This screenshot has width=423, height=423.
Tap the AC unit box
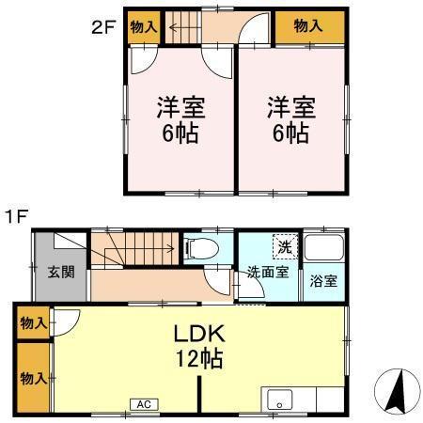[x=144, y=404]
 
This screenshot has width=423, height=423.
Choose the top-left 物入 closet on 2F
[x=142, y=27]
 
